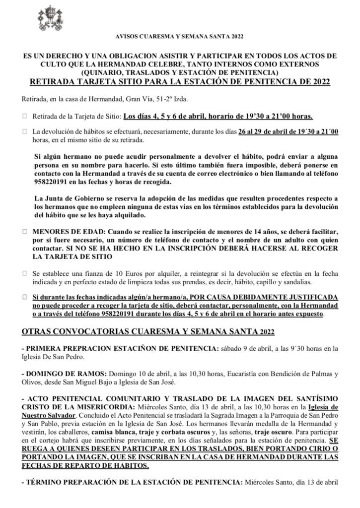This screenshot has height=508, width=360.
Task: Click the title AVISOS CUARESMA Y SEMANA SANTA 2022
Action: point(179,37)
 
